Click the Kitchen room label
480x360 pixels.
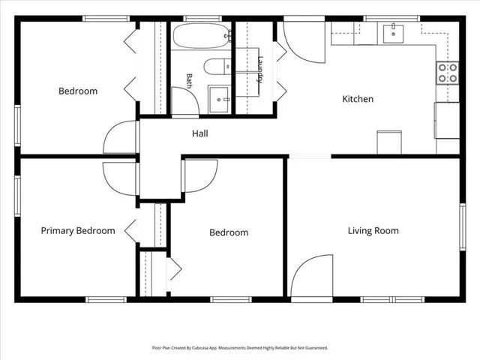(358, 99)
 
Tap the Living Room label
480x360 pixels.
(373, 230)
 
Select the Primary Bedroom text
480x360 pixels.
(78, 230)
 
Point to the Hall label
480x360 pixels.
(200, 133)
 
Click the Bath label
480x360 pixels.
(189, 81)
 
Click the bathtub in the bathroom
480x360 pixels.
(202, 36)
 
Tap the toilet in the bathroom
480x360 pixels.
(217, 67)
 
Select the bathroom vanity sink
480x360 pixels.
(219, 99)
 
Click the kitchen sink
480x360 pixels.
(393, 34)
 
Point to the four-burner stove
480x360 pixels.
(448, 73)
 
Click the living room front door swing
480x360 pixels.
(312, 275)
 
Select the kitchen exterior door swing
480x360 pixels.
(304, 42)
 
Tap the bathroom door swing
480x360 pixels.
(185, 101)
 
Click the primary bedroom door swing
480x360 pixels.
(119, 178)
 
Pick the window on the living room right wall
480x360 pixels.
(463, 226)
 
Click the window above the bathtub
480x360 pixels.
(202, 18)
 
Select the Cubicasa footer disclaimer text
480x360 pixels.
(240, 348)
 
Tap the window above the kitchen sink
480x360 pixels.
(391, 18)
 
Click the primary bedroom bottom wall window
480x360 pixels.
(106, 299)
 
